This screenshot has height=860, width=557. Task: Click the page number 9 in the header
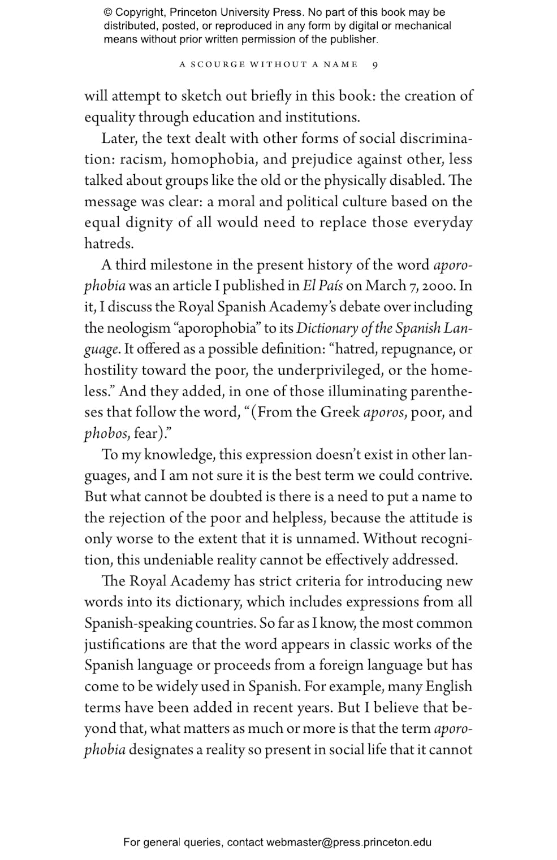pos(375,64)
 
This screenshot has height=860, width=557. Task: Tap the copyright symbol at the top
pos(108,12)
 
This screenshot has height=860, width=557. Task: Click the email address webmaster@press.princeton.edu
pos(349,842)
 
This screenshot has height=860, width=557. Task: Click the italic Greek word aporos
pos(384,412)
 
